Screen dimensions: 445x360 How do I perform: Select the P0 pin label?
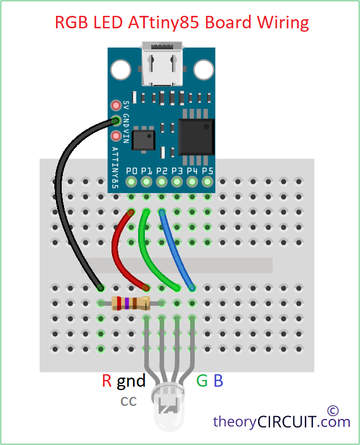(132, 170)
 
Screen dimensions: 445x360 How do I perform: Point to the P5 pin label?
(208, 170)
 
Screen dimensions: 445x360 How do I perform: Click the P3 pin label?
(177, 170)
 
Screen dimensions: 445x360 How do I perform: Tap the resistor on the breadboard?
(131, 303)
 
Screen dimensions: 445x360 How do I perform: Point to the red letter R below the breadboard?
(107, 381)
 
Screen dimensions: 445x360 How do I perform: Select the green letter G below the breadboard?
(202, 381)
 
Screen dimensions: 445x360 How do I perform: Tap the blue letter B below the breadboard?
(218, 381)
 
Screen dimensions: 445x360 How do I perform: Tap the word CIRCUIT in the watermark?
(288, 422)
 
